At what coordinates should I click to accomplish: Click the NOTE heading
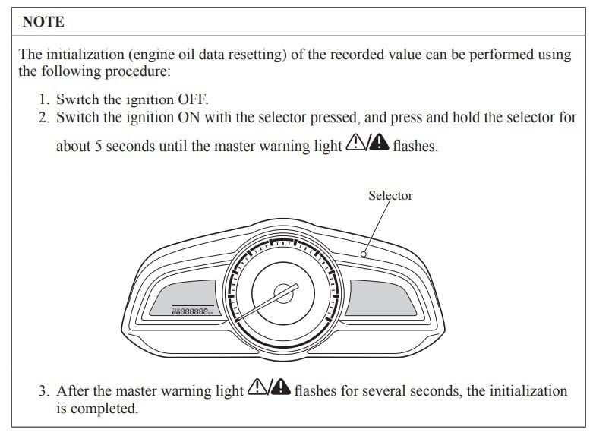[43, 22]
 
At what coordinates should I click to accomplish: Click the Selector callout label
[390, 195]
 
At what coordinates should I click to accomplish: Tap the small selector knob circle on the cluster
[363, 254]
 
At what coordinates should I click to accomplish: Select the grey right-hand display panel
[382, 296]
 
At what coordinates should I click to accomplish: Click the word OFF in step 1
[192, 99]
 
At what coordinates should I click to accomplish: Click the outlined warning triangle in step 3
[258, 390]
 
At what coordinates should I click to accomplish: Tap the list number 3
[43, 391]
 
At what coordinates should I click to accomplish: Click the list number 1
[43, 99]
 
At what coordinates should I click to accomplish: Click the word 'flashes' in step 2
[415, 146]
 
